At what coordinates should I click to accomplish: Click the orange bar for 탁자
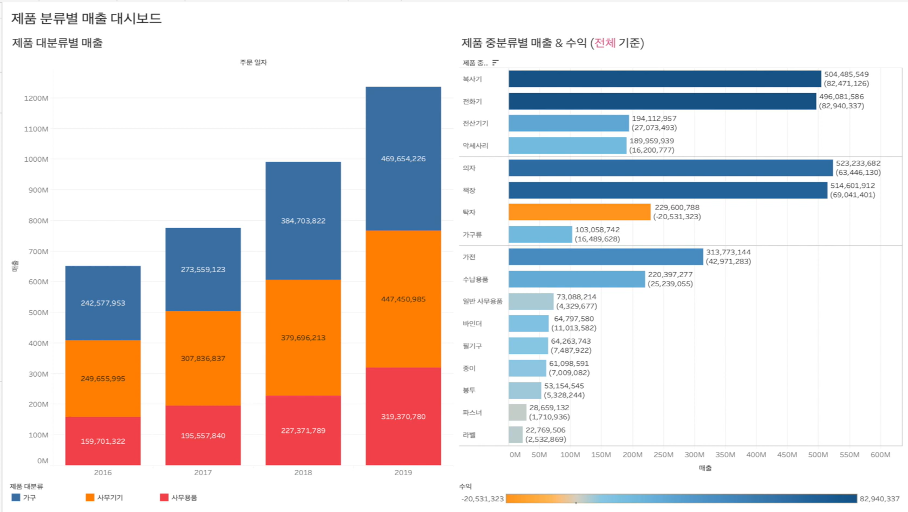pos(579,212)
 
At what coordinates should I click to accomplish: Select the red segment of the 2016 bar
pos(103,441)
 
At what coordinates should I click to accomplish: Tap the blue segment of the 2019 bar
pos(403,159)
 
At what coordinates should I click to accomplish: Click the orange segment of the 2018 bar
pos(303,337)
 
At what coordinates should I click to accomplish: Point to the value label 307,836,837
pos(203,358)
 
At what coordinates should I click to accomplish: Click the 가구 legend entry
pos(24,497)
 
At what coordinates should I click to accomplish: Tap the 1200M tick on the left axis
pos(36,98)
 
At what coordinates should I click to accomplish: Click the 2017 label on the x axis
pos(203,472)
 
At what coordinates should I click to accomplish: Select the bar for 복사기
pos(664,79)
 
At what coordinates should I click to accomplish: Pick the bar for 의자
pos(670,168)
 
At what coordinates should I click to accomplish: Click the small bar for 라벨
pos(515,435)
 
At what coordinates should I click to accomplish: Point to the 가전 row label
pos(469,257)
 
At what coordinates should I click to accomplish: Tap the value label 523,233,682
pos(858,163)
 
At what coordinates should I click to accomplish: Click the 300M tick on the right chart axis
pos(694,455)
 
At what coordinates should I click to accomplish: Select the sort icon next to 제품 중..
pos(495,63)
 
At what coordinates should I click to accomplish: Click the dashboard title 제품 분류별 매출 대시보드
pos(87,18)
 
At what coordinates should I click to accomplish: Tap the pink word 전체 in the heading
pos(605,43)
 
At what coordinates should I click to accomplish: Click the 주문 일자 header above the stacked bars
pos(253,62)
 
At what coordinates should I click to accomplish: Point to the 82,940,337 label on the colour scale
pos(879,498)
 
